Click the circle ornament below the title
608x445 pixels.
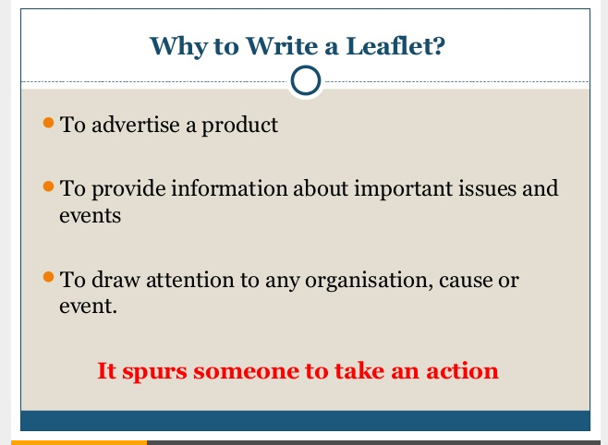305,81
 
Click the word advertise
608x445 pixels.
130,125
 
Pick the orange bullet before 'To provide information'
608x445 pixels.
50,186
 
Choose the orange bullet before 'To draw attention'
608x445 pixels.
50,277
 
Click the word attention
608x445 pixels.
193,280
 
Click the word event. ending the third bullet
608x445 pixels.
88,305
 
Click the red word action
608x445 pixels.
462,372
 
